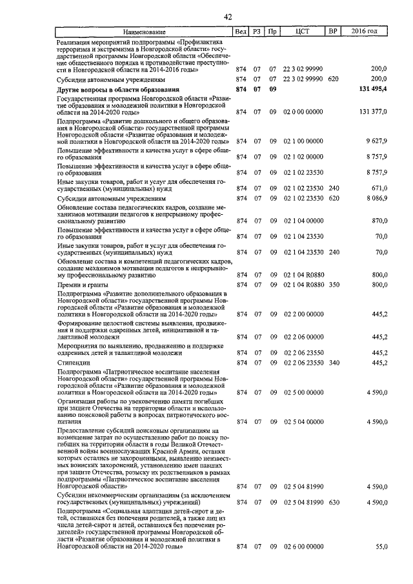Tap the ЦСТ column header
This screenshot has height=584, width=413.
pos(303,31)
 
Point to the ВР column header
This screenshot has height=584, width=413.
pos(333,31)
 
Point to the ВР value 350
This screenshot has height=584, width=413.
pos(333,285)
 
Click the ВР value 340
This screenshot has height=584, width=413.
pos(333,363)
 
